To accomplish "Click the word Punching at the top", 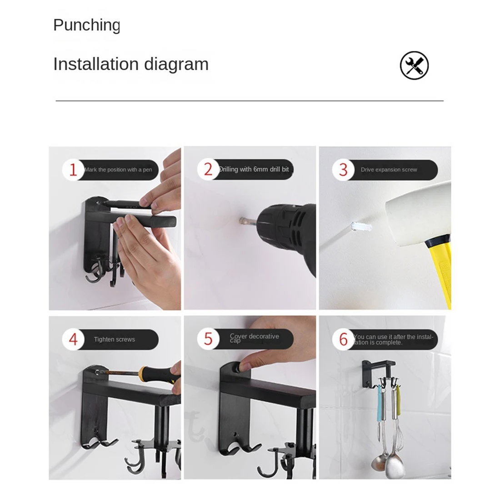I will [x=86, y=25].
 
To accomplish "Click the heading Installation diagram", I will [x=131, y=64].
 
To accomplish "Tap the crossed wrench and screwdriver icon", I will [x=414, y=65].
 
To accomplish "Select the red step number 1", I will [x=73, y=170].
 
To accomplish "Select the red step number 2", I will [x=208, y=170].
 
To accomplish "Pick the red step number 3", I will [x=343, y=170].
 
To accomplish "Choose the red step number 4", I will [x=73, y=340].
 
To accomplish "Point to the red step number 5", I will [x=208, y=339].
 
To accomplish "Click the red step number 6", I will [x=343, y=339].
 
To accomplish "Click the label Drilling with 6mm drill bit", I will [x=254, y=170].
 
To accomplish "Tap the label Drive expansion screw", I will [x=389, y=170].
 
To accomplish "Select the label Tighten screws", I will [x=114, y=340].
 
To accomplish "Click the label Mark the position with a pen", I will [x=118, y=170].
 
